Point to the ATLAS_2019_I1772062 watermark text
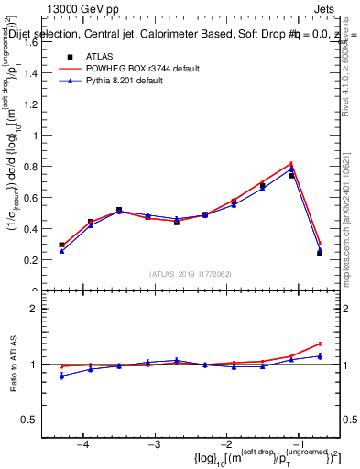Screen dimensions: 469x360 tap(191, 274)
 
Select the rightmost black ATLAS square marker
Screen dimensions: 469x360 tap(320, 253)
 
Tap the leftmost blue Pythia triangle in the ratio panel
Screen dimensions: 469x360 tap(61, 376)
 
